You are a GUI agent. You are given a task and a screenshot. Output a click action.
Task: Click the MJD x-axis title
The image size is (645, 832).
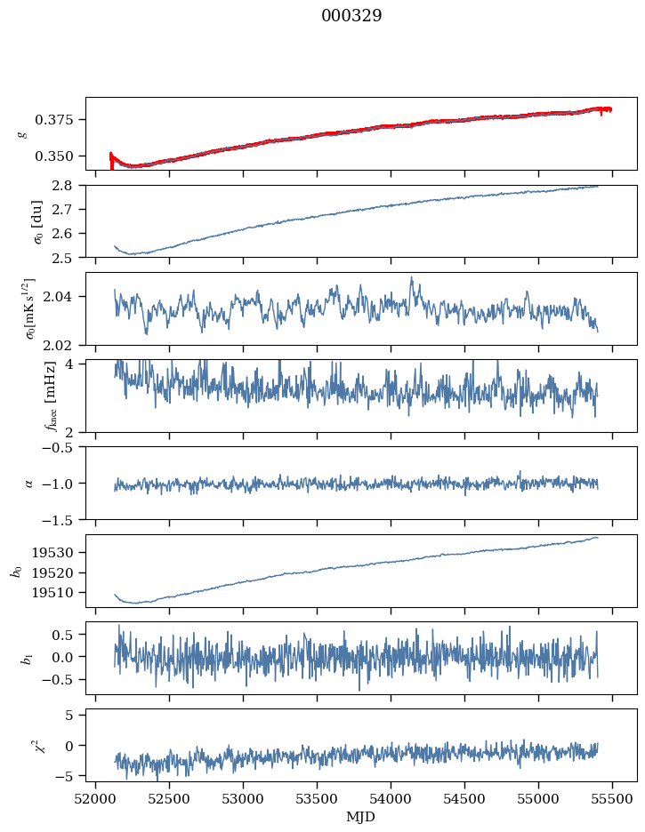point(361,817)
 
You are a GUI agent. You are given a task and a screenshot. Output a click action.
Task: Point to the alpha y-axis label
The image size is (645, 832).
point(29,483)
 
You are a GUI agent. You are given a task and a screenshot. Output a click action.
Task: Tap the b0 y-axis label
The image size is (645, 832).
point(16,570)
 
